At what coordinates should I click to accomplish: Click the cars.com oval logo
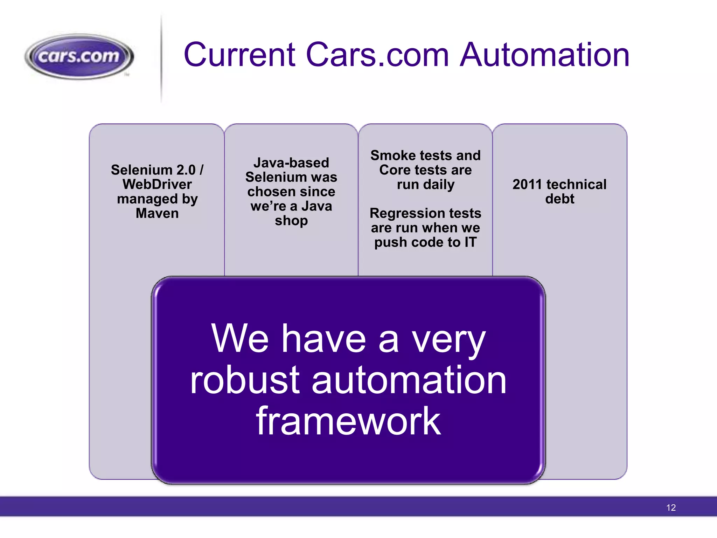coord(79,56)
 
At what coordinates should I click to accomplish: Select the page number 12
coord(671,508)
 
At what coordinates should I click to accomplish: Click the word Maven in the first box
coord(157,213)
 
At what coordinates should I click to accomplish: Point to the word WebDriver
coord(157,184)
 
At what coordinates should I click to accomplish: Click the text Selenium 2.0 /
coord(157,170)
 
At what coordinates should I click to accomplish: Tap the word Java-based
coord(291,163)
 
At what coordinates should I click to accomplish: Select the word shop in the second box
coord(291,221)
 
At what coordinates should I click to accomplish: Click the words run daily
coord(425,184)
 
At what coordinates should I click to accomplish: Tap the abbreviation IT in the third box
coord(470,242)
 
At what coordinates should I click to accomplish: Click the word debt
coord(559,199)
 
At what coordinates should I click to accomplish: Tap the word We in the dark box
coord(240,339)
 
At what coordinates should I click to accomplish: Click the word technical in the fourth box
coord(576,184)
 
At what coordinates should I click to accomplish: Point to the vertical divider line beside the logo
coord(161,60)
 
